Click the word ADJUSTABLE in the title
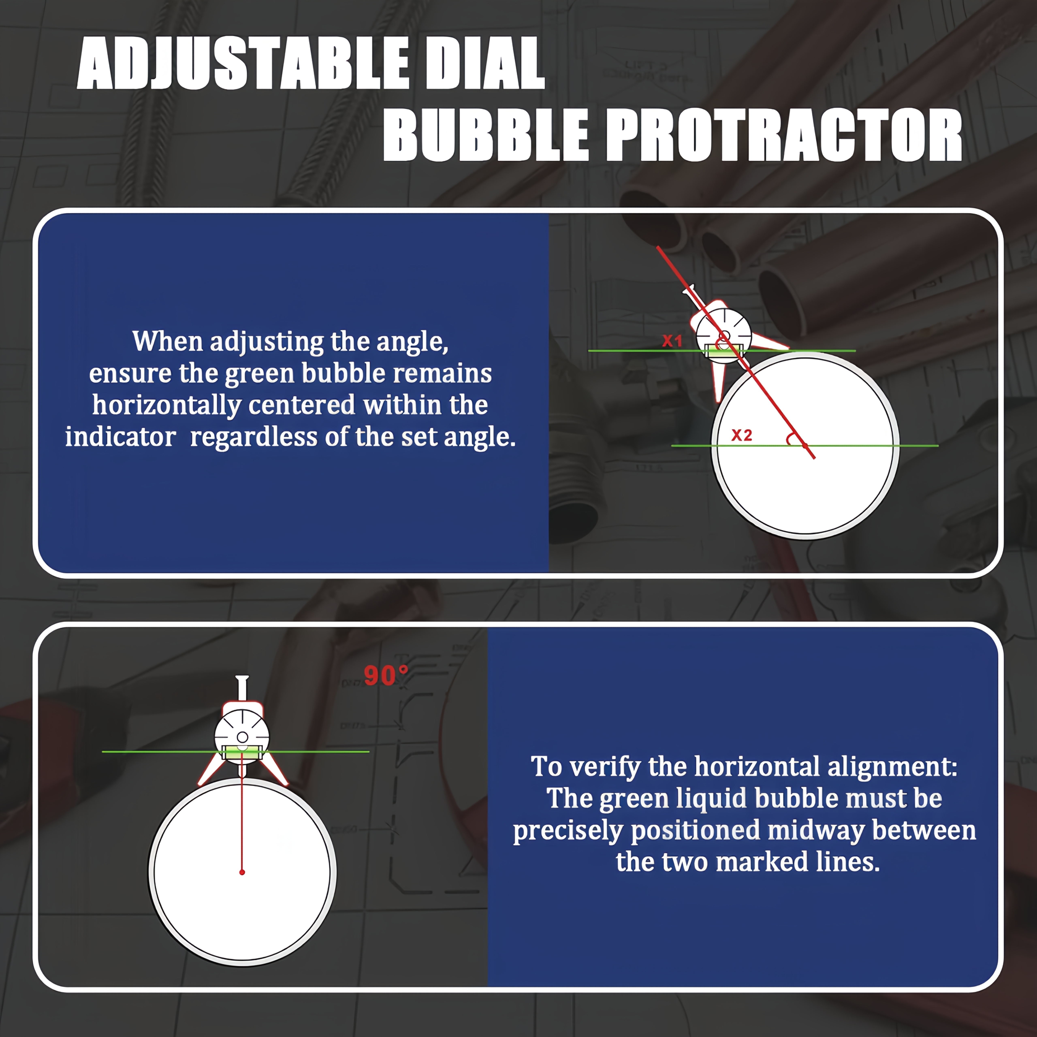point(243,63)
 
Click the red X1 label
point(672,340)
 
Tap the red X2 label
point(742,435)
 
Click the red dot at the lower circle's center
point(242,872)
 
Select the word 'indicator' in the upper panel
point(120,437)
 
